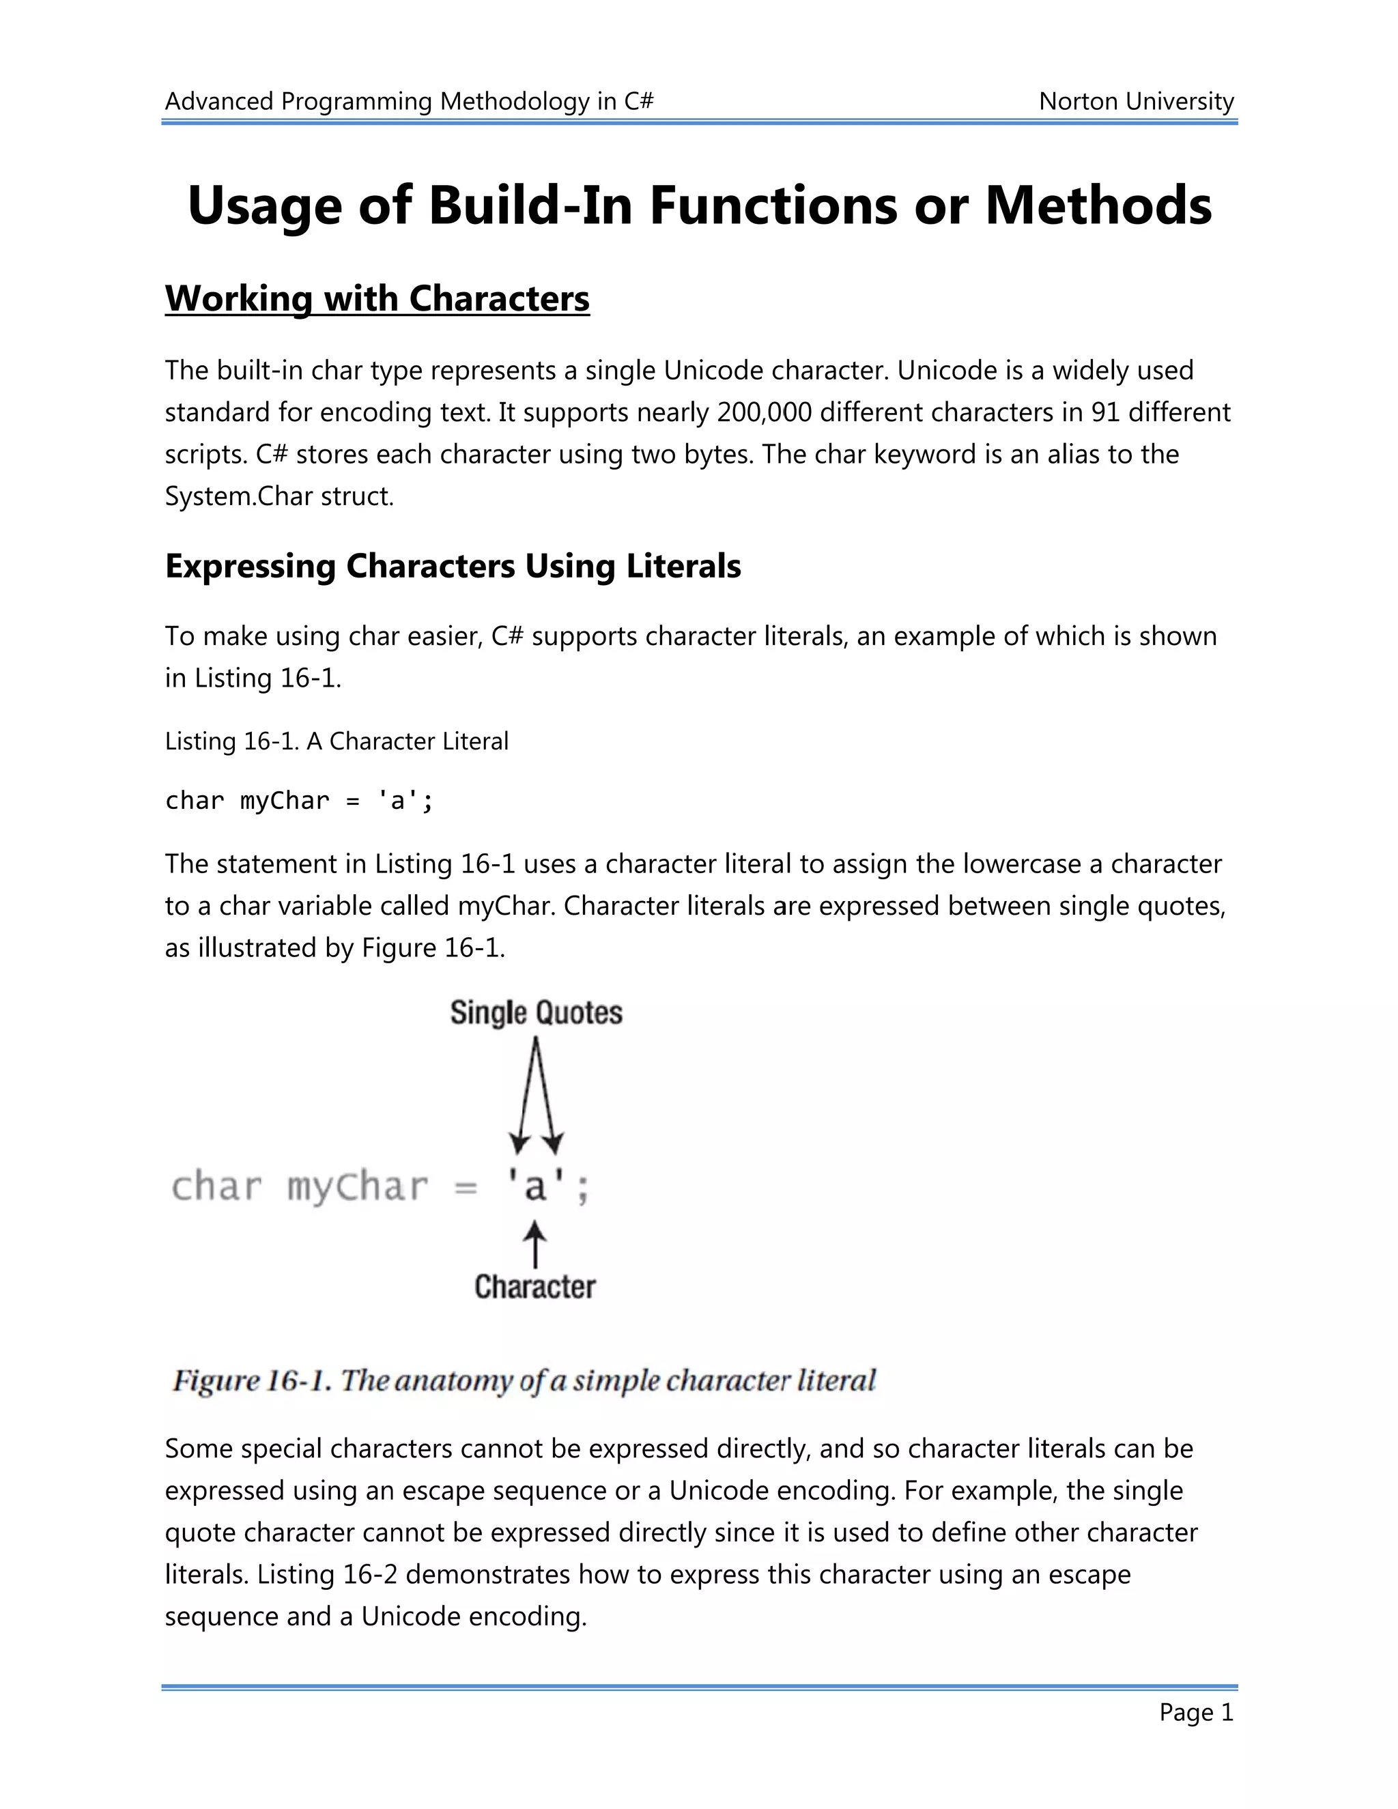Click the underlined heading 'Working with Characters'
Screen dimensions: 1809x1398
pyautogui.click(x=377, y=298)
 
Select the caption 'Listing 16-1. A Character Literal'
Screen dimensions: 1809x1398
pyautogui.click(x=337, y=741)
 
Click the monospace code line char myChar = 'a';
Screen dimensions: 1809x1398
pyautogui.click(x=299, y=800)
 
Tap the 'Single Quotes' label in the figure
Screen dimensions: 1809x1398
pyautogui.click(x=536, y=1012)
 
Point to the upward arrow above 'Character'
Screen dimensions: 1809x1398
pyautogui.click(x=535, y=1244)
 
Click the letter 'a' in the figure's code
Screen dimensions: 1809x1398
pyautogui.click(x=535, y=1187)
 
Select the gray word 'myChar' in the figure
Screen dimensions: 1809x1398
pyautogui.click(x=357, y=1187)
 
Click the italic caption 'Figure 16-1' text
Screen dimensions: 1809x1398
pyautogui.click(x=251, y=1381)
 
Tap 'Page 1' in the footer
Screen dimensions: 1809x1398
pyautogui.click(x=1195, y=1712)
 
